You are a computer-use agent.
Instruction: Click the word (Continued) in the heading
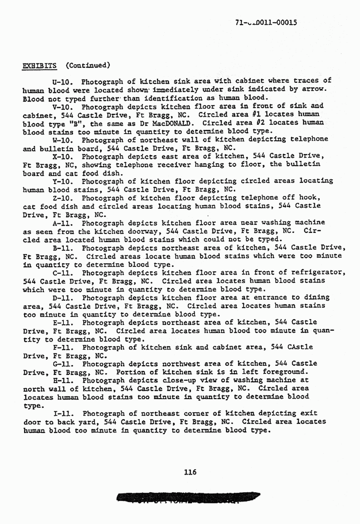pyautogui.click(x=88, y=65)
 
